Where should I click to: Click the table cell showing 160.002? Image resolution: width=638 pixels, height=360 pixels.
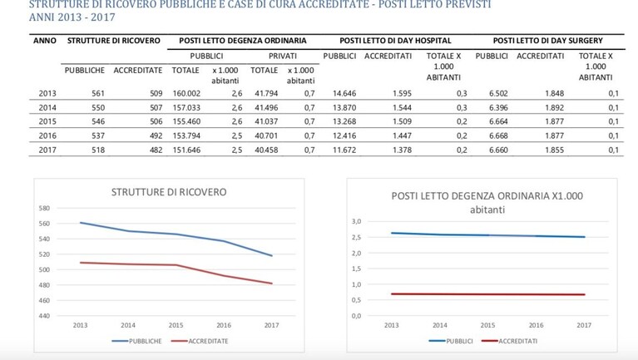click(186, 94)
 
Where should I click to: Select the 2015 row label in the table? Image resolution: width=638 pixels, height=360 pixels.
click(47, 121)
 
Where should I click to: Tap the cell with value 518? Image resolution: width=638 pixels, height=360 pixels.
click(98, 150)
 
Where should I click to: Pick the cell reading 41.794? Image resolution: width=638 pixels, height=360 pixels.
click(266, 94)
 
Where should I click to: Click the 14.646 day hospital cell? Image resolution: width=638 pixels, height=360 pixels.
click(344, 94)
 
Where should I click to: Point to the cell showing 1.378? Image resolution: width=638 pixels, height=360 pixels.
click(402, 150)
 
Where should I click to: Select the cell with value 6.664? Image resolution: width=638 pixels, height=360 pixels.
click(498, 121)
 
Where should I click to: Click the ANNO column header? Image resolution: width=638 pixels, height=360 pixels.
click(45, 41)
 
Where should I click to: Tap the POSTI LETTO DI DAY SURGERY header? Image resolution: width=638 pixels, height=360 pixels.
click(547, 41)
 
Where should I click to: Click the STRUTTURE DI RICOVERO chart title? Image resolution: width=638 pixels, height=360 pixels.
click(169, 192)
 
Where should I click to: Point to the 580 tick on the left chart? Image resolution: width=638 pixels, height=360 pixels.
click(44, 209)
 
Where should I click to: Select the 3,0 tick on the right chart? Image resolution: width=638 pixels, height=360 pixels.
click(357, 222)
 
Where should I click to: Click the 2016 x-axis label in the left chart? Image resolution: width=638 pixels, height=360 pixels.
click(224, 325)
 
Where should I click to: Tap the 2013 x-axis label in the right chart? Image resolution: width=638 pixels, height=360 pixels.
click(392, 325)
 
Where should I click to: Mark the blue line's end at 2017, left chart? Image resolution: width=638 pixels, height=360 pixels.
click(272, 256)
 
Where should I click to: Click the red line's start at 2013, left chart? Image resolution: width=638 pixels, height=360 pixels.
click(81, 263)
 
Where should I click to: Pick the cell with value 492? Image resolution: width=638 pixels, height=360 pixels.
click(156, 136)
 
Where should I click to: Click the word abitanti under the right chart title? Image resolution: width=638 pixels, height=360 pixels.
click(487, 210)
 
